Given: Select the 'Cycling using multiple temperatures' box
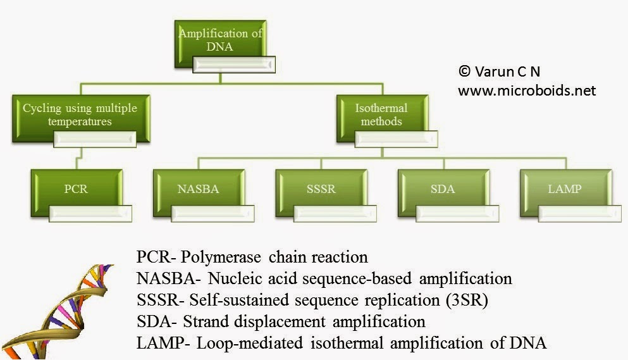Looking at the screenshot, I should click(x=80, y=115).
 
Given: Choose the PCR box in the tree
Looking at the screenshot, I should click(x=76, y=189).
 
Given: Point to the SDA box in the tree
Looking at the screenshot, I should click(x=443, y=189).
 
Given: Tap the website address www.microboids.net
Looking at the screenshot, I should click(x=526, y=90).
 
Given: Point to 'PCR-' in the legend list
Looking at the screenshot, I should click(x=156, y=258).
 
